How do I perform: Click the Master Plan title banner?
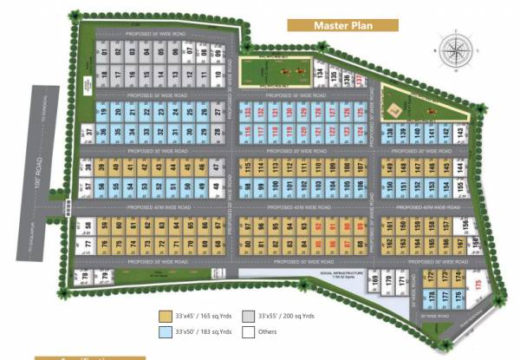coord(343,24)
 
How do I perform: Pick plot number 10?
coord(217,75)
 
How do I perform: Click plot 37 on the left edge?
coord(88,132)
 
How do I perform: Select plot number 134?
coord(320,71)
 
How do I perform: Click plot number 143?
coord(458,132)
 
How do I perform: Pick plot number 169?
coord(374,279)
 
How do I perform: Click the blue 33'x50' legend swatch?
coord(165,332)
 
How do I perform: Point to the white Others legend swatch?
coord(249,332)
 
